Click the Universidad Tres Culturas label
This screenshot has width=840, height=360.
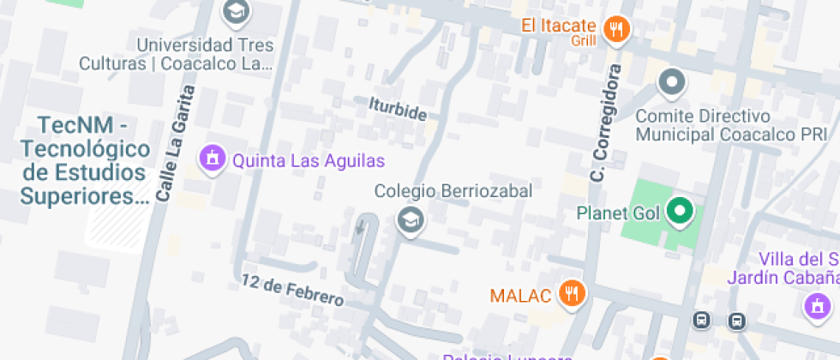[x=177, y=53]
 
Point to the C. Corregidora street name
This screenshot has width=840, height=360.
[x=604, y=122]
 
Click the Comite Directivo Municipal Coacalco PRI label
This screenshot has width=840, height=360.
[x=731, y=125]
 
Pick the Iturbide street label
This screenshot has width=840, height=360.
[x=397, y=109]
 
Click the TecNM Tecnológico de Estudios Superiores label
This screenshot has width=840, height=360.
[x=84, y=160]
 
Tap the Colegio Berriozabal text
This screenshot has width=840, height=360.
[x=453, y=190]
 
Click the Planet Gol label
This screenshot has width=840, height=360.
[x=618, y=213]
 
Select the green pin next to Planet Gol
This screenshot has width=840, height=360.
[x=681, y=210]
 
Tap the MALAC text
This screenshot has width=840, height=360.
[x=519, y=296]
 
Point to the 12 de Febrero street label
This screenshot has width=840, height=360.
[x=292, y=291]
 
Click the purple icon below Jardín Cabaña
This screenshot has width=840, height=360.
[x=815, y=306]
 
